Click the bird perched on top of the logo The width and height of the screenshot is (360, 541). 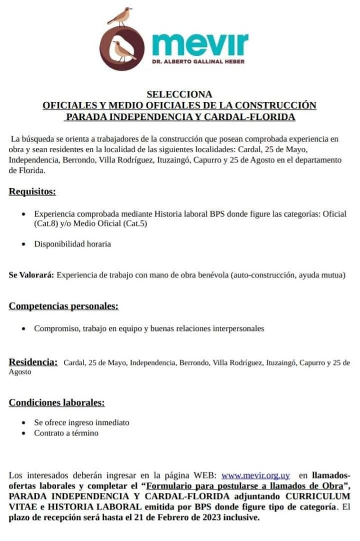[121, 16]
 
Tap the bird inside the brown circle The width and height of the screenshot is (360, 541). [123, 50]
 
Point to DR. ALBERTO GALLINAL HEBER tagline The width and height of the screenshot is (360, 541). [200, 61]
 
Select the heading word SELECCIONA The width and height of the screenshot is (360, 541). [179, 95]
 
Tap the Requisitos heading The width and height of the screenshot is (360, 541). [32, 192]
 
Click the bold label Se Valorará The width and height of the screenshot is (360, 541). [31, 275]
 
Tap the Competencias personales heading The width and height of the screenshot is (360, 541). [63, 306]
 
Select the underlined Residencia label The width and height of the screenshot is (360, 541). [33, 362]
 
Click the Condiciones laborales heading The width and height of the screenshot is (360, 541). [57, 403]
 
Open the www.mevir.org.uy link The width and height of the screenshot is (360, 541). [255, 475]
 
